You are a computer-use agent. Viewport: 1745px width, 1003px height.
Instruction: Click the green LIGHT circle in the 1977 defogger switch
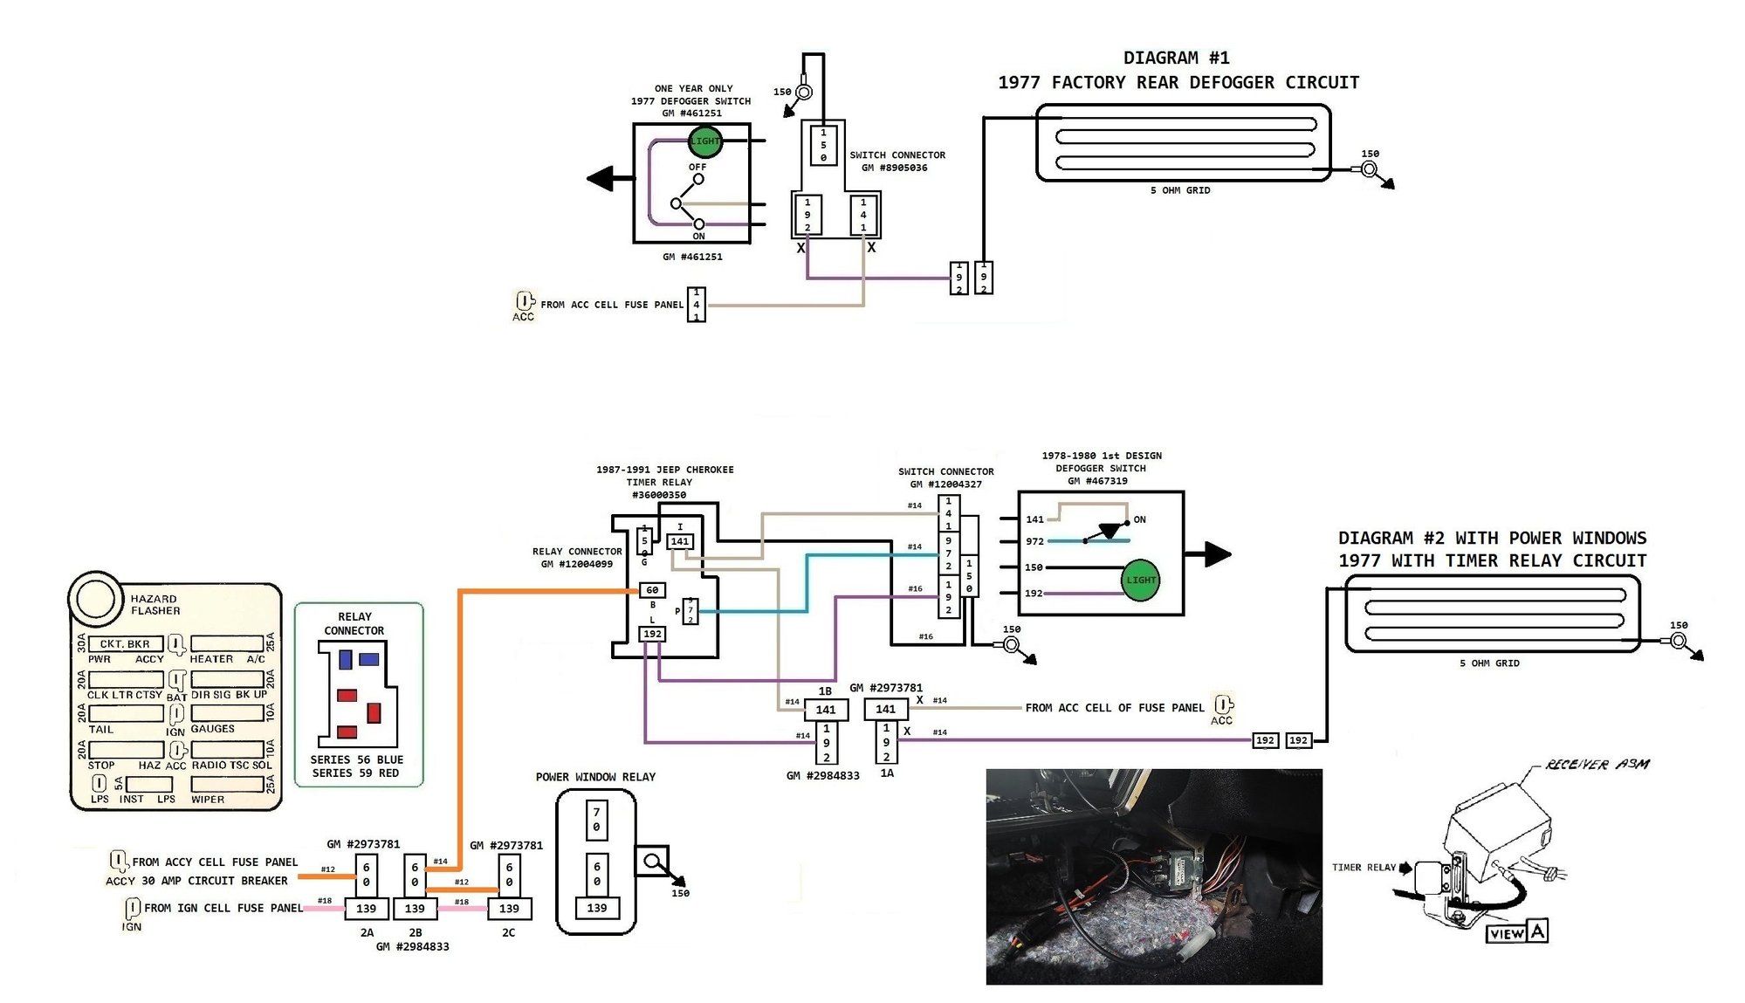point(704,141)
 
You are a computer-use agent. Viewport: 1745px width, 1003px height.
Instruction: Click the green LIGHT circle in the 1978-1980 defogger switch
point(1140,581)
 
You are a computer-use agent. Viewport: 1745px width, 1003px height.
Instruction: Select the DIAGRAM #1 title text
point(1176,58)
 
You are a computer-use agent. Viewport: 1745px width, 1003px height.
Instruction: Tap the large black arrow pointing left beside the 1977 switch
point(611,179)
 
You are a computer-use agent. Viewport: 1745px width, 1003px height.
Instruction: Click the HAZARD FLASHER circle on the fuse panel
point(95,599)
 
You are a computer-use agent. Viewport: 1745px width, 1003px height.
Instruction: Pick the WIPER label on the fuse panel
point(208,800)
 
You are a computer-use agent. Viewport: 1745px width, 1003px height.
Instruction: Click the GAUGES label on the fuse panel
point(212,729)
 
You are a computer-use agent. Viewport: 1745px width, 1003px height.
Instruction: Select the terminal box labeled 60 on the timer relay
point(652,591)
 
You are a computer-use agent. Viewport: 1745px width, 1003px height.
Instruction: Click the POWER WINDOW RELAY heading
point(595,777)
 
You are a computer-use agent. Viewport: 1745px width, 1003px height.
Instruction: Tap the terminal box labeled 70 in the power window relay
point(596,819)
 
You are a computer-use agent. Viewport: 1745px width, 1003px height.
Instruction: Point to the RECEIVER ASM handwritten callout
point(1597,765)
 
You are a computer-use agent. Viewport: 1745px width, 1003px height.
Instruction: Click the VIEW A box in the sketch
point(1516,933)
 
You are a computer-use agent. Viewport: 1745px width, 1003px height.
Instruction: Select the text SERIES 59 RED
point(355,773)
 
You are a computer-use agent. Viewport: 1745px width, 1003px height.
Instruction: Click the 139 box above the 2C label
point(509,909)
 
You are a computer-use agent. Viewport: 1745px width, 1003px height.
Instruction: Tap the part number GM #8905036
point(894,168)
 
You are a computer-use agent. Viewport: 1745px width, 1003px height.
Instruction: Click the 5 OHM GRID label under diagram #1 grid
point(1180,190)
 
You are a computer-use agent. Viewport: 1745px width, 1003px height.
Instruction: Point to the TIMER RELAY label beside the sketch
point(1364,868)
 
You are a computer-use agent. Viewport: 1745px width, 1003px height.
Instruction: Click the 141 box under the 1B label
point(826,710)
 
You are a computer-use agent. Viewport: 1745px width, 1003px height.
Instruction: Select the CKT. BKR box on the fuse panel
point(125,644)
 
